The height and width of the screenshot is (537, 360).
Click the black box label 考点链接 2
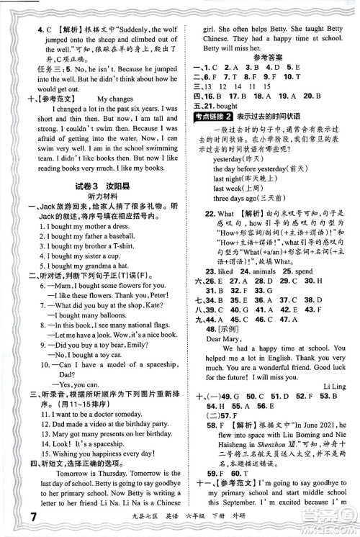coord(216,118)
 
